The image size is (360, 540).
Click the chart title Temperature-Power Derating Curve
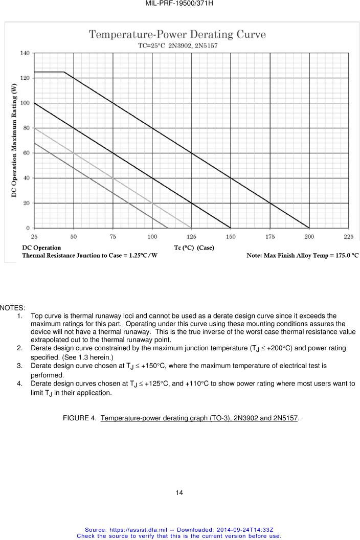click(177, 35)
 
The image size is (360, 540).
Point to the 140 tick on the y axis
click(25, 53)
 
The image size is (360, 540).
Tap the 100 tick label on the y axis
click(25, 103)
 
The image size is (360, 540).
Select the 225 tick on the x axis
click(348, 237)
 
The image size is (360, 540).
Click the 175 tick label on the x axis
click(270, 237)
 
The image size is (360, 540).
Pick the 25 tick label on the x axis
click(34, 237)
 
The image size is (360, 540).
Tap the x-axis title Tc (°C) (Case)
click(194, 247)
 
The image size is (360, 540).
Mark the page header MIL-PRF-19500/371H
click(179, 4)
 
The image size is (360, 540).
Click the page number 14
click(179, 492)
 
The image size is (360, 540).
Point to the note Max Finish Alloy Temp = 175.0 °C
click(302, 255)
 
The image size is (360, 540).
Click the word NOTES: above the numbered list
click(13, 308)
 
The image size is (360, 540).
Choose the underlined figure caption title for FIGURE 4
click(199, 418)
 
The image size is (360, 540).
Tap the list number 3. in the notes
click(19, 366)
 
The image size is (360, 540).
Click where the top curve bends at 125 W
click(64, 72)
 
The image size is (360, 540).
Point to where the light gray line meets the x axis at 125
click(191, 228)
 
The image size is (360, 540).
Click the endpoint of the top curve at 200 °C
click(309, 228)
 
